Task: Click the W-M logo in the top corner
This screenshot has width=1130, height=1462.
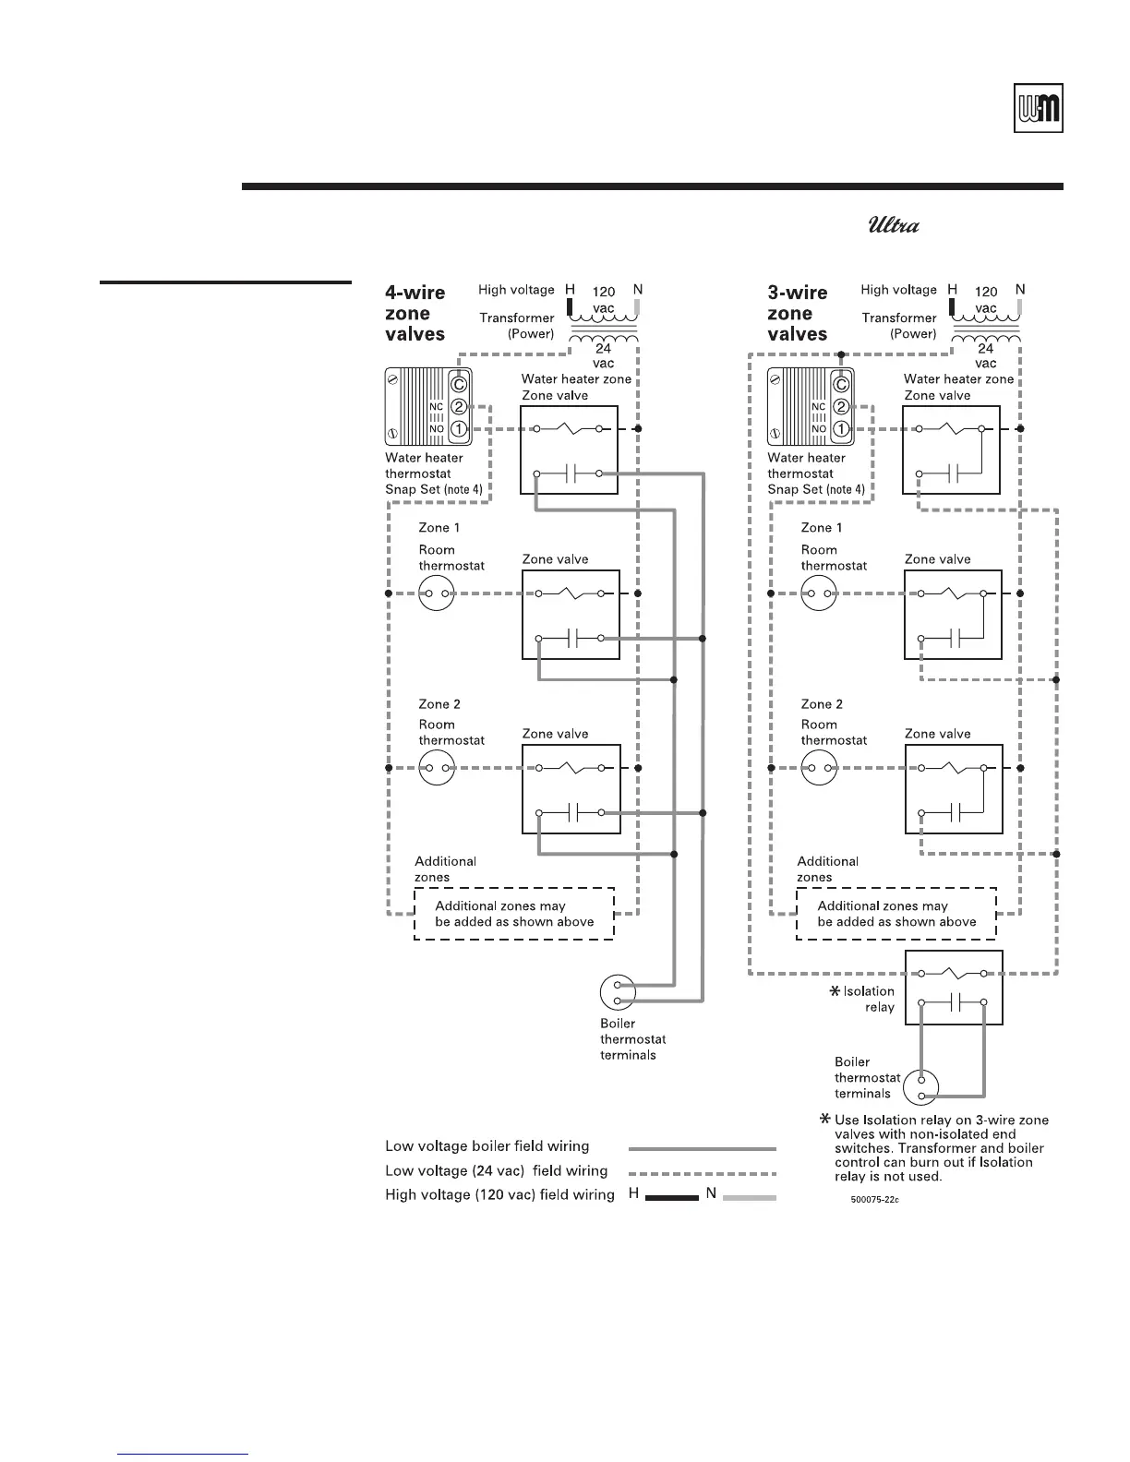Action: click(1039, 109)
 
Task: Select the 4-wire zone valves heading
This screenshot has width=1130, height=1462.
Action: click(415, 314)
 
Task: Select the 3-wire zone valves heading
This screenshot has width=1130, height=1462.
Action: click(798, 314)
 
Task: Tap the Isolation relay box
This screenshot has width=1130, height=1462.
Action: click(953, 988)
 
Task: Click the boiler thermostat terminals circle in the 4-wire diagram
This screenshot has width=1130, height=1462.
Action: click(618, 992)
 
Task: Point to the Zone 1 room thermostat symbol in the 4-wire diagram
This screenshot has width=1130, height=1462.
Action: click(437, 593)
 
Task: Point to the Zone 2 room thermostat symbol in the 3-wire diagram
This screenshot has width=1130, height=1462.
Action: click(819, 768)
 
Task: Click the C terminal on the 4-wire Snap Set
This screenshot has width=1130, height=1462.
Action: click(459, 385)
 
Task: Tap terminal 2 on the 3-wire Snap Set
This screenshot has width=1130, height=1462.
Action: click(841, 407)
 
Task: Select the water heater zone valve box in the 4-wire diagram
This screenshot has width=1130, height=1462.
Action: click(571, 451)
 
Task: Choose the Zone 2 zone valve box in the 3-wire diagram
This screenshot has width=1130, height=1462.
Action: click(953, 789)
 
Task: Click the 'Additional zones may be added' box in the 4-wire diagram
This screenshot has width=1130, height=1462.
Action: click(514, 914)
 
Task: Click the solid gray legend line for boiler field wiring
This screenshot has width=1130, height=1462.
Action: click(702, 1149)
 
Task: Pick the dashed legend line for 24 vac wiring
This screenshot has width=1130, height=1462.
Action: click(702, 1172)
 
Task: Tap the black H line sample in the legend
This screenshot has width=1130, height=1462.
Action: click(671, 1197)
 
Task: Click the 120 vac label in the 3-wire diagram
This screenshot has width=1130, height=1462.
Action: click(986, 300)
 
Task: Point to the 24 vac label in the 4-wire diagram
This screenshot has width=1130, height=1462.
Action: click(603, 356)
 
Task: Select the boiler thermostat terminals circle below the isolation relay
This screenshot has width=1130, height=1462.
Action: click(921, 1087)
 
